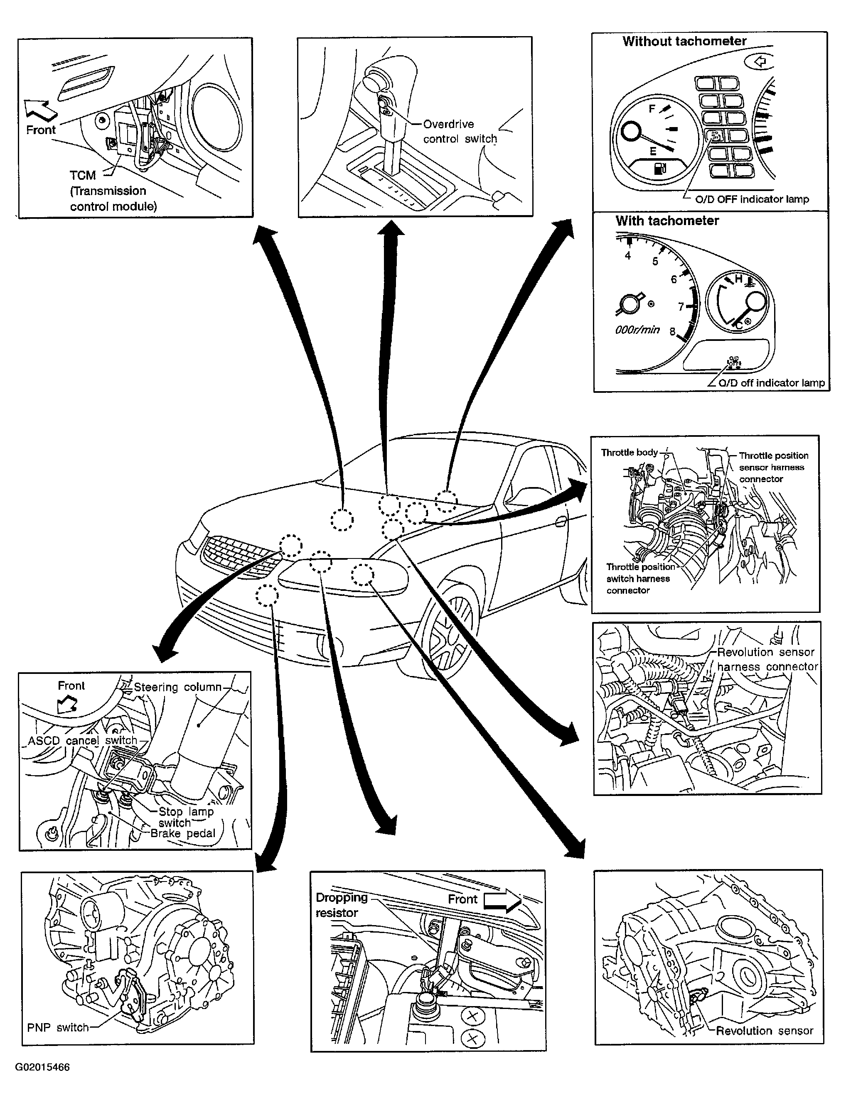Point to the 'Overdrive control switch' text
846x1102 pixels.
[460, 131]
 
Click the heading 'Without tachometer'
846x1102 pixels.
[684, 41]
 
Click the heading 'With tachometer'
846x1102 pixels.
[667, 220]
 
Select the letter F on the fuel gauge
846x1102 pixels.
[652, 109]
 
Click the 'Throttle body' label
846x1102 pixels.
[630, 452]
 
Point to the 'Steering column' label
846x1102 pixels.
[177, 687]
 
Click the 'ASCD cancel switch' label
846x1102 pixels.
[83, 741]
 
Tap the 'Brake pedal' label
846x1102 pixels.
[183, 833]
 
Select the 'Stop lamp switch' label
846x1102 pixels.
[186, 817]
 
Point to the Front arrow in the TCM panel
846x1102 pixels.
[41, 110]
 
